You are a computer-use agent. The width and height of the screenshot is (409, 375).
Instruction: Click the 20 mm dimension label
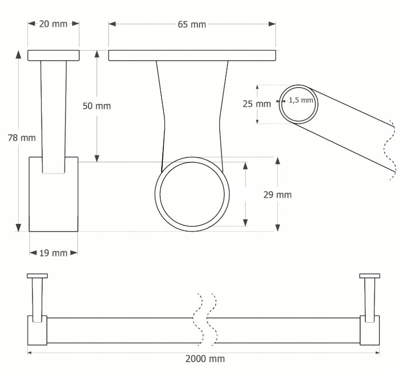[53, 24]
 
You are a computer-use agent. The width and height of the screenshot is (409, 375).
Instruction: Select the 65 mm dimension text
[192, 24]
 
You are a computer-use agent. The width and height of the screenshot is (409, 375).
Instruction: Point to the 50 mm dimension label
[97, 106]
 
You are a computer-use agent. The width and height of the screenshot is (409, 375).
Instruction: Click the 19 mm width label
[53, 253]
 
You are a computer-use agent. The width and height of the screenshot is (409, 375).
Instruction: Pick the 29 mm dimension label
[278, 194]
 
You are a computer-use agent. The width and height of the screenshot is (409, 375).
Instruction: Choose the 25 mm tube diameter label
[256, 104]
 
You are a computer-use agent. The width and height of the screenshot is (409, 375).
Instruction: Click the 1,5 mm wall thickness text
[301, 100]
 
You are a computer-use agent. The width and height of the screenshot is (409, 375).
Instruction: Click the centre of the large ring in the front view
[192, 194]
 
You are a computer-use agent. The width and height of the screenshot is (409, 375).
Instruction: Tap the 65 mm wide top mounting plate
[192, 55]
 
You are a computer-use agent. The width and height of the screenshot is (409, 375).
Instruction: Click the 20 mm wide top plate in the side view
[53, 55]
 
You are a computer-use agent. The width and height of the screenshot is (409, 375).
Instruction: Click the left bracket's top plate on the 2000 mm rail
[37, 276]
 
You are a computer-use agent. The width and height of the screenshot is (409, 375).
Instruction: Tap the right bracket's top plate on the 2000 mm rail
[369, 276]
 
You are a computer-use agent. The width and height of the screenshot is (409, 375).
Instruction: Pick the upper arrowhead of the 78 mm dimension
[19, 54]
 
